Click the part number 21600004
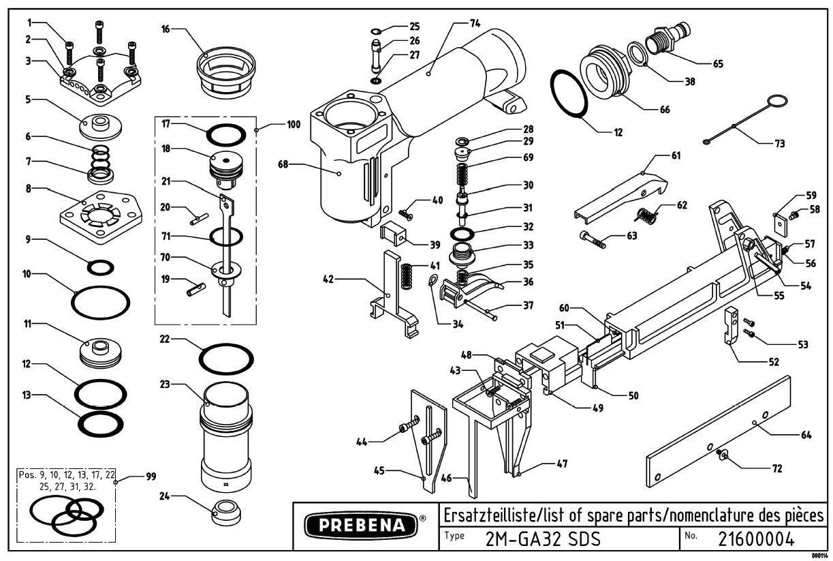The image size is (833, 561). (756, 539)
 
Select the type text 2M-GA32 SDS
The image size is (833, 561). (543, 539)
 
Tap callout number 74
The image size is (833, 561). (474, 22)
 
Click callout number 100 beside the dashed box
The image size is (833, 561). (293, 125)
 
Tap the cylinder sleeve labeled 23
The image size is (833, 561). (224, 436)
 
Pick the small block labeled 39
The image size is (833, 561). (395, 235)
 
